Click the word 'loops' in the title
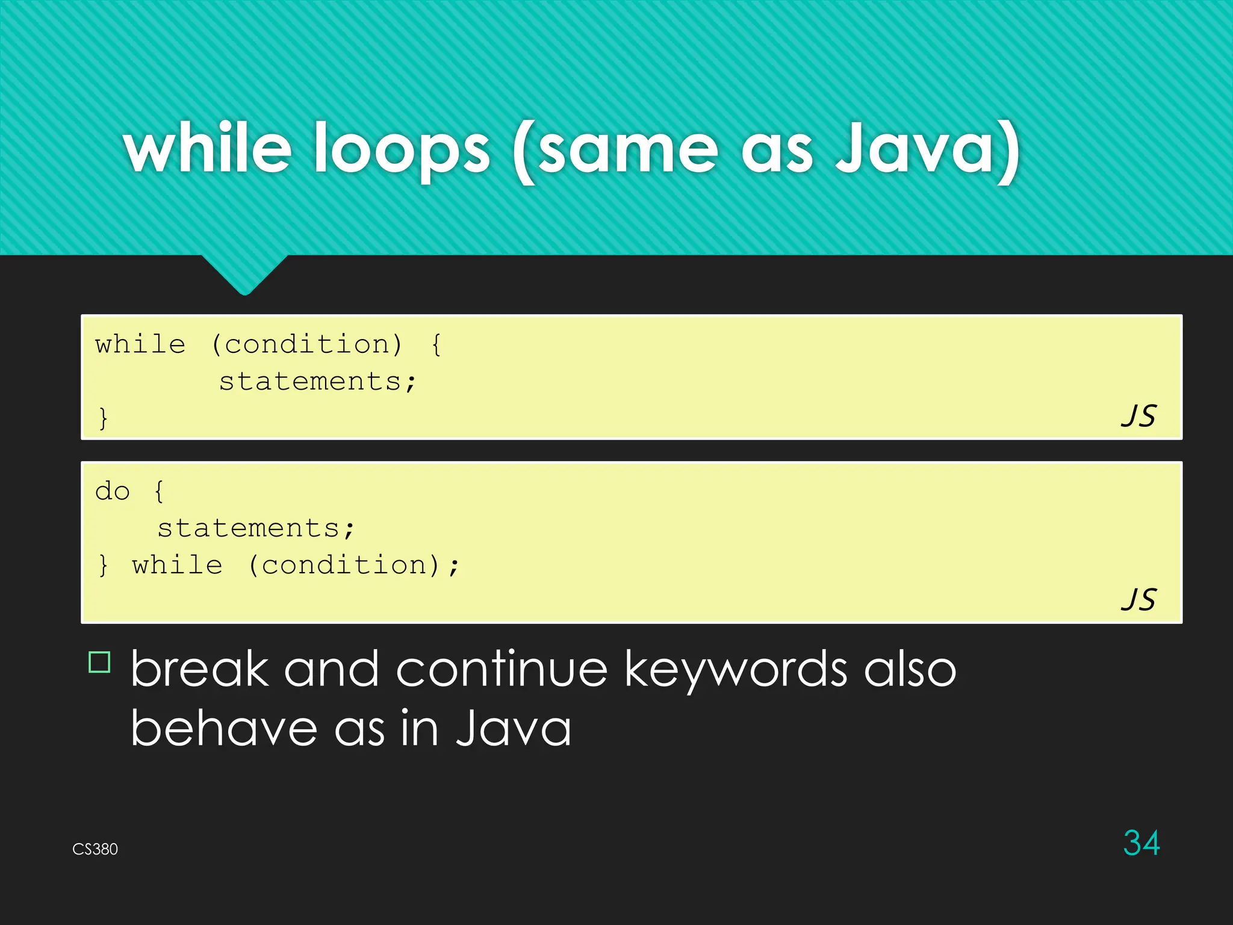tap(402, 149)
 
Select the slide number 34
tap(1141, 842)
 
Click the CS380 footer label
tap(95, 849)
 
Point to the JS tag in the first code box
tap(1138, 416)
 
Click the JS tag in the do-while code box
tap(1138, 600)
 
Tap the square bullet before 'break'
tap(100, 662)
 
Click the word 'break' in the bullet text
tap(199, 669)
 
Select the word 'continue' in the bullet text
tap(502, 669)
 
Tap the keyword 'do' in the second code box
tap(113, 491)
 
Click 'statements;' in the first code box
tap(317, 382)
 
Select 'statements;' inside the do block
tap(256, 529)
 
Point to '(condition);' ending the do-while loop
tap(354, 565)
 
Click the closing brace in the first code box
tap(104, 418)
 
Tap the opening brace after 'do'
tap(159, 491)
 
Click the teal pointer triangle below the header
tap(244, 274)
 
